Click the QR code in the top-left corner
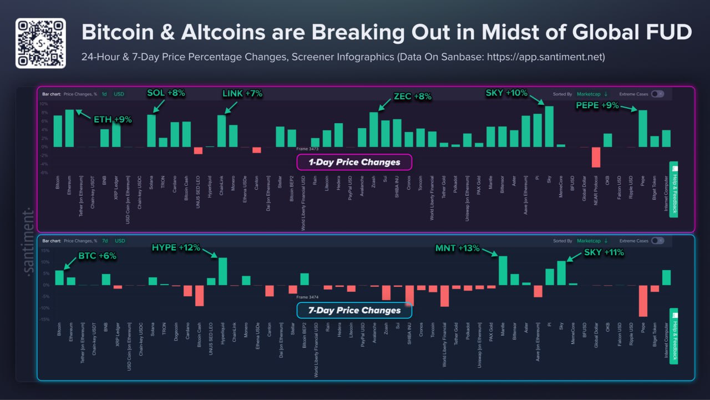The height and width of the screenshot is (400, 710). (x=40, y=43)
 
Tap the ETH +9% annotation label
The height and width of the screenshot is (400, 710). (x=113, y=119)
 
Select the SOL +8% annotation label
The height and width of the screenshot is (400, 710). (x=166, y=93)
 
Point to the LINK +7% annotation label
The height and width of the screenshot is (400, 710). (x=242, y=94)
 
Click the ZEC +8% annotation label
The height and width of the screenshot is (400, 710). (x=412, y=97)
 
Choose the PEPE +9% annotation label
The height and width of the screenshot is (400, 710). (x=597, y=105)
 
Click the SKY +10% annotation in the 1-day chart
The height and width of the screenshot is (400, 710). (x=506, y=93)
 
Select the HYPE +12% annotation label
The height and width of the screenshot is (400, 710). (x=176, y=248)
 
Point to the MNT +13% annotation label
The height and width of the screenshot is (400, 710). (x=457, y=248)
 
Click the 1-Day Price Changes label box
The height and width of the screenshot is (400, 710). (x=354, y=163)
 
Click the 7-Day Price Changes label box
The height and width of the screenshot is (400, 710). (x=354, y=310)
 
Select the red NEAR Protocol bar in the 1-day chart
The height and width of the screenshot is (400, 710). (x=596, y=157)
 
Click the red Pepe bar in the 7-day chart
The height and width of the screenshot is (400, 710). (x=643, y=301)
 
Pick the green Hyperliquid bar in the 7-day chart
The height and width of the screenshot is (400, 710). (x=223, y=271)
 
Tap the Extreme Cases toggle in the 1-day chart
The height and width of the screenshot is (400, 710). (x=657, y=94)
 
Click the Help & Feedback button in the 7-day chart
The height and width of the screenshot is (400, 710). (x=674, y=336)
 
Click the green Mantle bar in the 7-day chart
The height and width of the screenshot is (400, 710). (x=503, y=270)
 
